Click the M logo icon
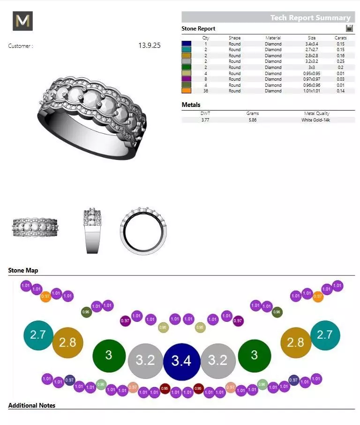pos(22,21)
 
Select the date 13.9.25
pos(150,46)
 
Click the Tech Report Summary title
pos(310,18)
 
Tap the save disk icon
pos(349,28)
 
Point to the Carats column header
pos(341,38)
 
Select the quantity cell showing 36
pos(205,91)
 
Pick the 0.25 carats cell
pos(341,61)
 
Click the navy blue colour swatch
pos(187,44)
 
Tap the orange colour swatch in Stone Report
pos(187,91)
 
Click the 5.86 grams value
pos(253,120)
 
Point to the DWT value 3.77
pos(205,120)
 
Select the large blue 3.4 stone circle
pos(181,361)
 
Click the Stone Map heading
pos(23,271)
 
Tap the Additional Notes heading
pos(31,405)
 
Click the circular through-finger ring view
pos(143,230)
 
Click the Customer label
pos(21,46)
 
